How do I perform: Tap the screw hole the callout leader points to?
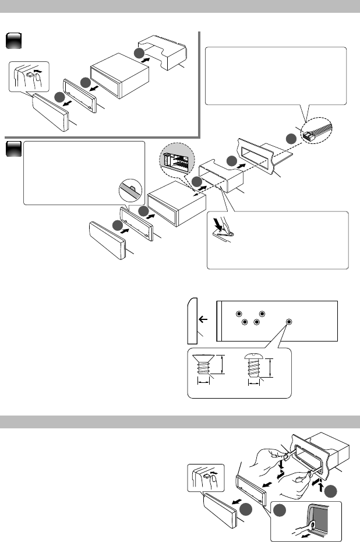290,322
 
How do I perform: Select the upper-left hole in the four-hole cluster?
238,314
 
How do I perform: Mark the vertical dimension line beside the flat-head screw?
223,365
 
